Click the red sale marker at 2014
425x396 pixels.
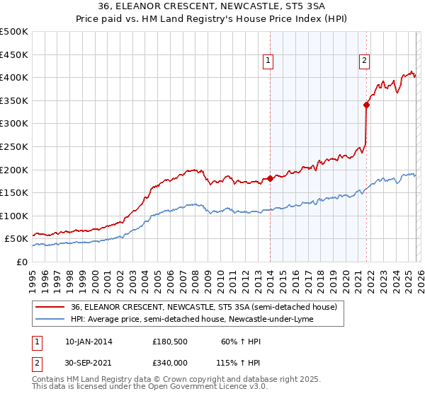(271, 179)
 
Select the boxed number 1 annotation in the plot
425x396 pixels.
(269, 62)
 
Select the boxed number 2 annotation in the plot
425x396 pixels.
(364, 62)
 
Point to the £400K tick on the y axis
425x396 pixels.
(14, 77)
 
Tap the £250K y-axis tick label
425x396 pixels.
(14, 146)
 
